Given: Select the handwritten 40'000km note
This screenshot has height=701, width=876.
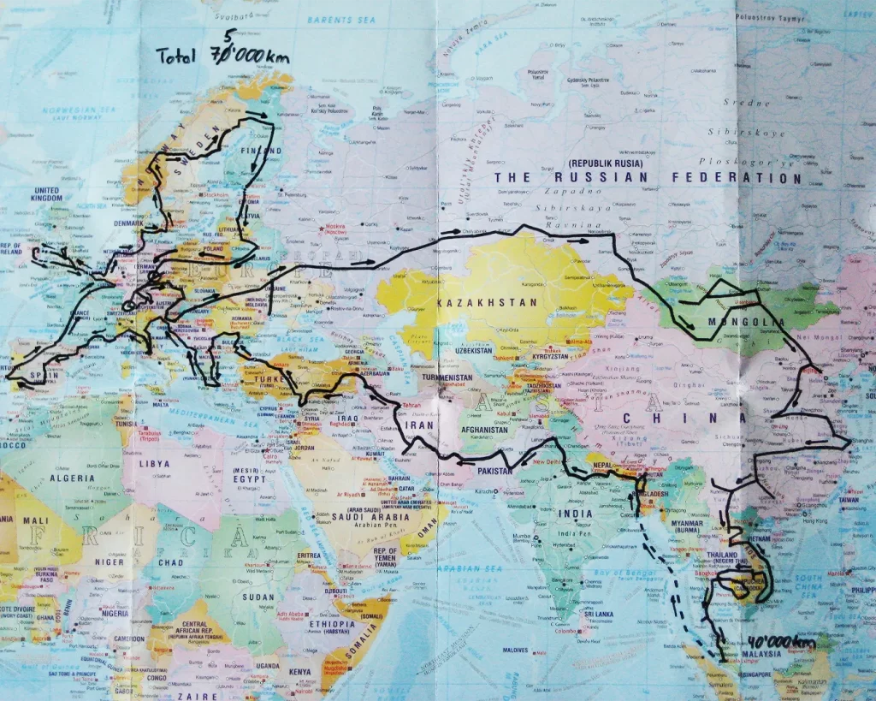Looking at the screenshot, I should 781,642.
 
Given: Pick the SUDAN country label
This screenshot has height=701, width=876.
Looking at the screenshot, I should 257,597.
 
